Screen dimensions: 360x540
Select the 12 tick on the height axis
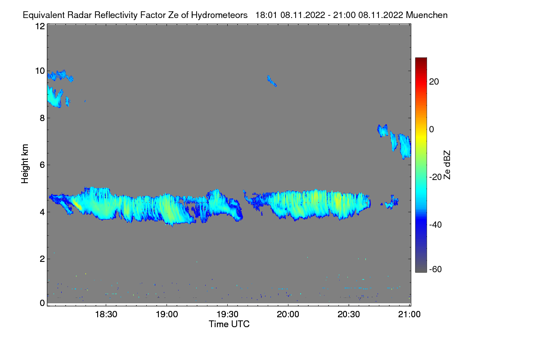pyautogui.click(x=40, y=26)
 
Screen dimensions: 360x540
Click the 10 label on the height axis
pyautogui.click(x=40, y=71)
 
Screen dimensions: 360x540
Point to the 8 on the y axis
pyautogui.click(x=42, y=118)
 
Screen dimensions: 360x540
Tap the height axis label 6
pyautogui.click(x=42, y=165)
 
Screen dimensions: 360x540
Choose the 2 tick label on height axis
pyautogui.click(x=42, y=259)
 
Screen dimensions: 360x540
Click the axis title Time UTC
pyautogui.click(x=229, y=324)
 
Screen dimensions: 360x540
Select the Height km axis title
pyautogui.click(x=25, y=164)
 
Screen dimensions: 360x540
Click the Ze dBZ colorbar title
pyautogui.click(x=447, y=165)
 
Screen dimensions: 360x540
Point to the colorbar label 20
pyautogui.click(x=434, y=82)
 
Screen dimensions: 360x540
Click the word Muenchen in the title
pyautogui.click(x=427, y=15)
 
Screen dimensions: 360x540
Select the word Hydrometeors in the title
pyautogui.click(x=219, y=15)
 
